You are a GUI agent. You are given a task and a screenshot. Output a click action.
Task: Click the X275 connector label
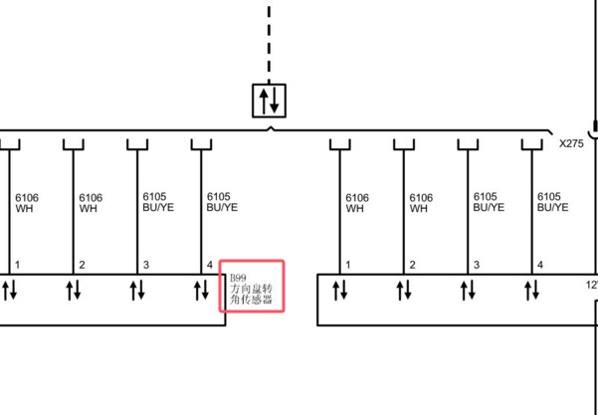click(571, 143)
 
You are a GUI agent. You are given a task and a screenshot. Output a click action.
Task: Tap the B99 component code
click(238, 278)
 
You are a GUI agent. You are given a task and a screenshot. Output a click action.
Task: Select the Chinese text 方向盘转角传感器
click(252, 294)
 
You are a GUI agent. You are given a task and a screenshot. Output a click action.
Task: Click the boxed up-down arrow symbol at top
click(269, 101)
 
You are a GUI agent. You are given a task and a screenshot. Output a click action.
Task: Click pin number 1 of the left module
click(17, 265)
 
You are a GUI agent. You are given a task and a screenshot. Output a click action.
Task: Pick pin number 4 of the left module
click(209, 265)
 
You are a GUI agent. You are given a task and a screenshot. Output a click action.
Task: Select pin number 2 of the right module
click(412, 265)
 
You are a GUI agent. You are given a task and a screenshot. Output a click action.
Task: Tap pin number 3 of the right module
click(477, 265)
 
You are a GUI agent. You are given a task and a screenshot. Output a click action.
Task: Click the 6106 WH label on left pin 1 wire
click(27, 203)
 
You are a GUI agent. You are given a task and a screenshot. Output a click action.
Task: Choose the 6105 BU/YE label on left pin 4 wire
click(222, 202)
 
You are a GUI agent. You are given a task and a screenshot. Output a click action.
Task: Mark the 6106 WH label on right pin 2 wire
click(421, 203)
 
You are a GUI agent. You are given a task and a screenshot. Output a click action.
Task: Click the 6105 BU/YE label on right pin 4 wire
click(552, 202)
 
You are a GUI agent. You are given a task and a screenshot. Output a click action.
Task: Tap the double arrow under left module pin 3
click(137, 291)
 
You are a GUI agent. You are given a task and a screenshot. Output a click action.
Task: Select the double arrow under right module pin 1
click(340, 291)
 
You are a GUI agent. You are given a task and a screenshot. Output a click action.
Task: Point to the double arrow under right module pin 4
click(532, 291)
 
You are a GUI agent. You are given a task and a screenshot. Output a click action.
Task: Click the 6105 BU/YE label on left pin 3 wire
click(158, 202)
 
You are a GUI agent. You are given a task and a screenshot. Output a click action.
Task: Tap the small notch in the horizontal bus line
click(271, 128)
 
